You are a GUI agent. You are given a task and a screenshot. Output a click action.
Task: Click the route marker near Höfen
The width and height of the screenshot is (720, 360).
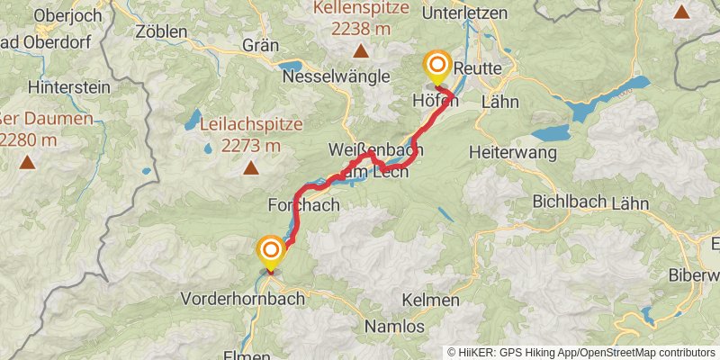click(437, 66)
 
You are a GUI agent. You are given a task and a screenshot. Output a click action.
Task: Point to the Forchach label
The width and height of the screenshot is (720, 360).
click(303, 205)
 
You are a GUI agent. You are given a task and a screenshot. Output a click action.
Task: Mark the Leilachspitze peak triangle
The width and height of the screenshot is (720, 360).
click(250, 166)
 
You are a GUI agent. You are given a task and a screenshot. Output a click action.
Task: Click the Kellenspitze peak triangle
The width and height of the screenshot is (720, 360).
click(360, 50)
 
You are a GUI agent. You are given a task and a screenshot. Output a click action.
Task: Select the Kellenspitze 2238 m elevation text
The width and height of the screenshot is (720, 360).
click(360, 29)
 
